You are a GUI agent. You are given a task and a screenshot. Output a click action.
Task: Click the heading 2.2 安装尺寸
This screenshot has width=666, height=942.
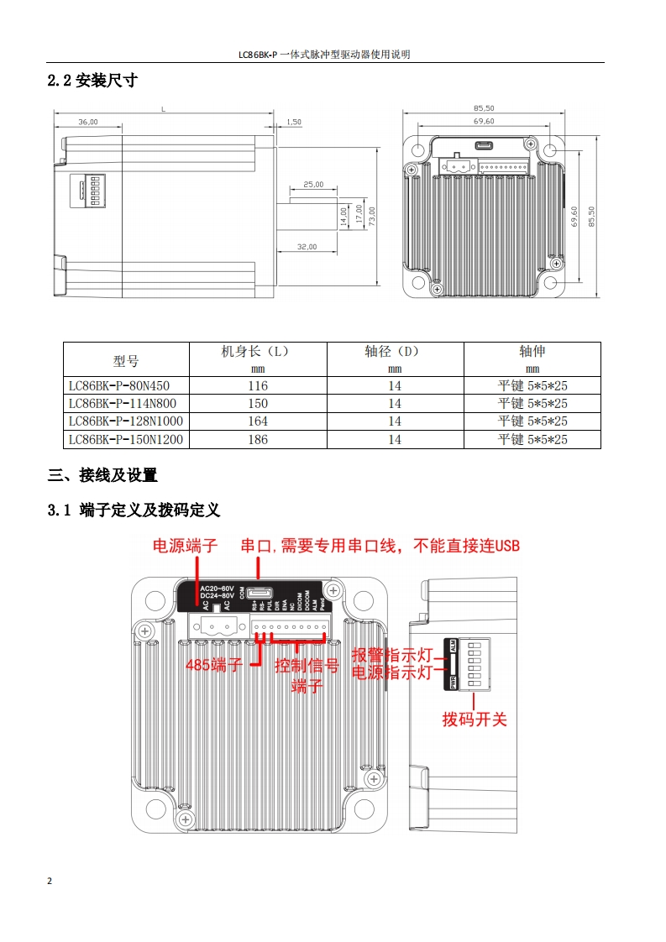click(92, 81)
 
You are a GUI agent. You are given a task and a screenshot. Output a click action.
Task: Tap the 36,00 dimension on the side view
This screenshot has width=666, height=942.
click(88, 122)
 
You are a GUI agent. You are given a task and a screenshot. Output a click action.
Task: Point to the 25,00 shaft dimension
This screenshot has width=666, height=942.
click(313, 184)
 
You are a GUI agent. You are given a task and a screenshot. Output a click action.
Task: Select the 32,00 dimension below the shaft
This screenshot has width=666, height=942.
click(307, 247)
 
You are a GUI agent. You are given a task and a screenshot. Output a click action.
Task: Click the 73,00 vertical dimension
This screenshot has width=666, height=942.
click(371, 215)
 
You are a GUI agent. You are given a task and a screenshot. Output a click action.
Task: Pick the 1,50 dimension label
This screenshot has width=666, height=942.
click(294, 122)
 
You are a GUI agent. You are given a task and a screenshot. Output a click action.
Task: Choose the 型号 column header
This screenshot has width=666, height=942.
click(126, 361)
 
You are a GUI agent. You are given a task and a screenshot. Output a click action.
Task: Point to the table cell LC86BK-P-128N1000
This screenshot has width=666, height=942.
click(125, 421)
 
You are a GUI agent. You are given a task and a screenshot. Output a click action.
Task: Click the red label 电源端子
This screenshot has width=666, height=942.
click(185, 547)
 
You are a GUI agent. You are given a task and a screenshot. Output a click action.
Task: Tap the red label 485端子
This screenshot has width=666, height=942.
click(213, 666)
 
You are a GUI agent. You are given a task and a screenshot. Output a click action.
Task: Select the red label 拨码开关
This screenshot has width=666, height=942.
click(475, 720)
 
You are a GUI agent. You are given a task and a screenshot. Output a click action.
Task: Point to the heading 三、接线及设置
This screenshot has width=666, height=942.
click(102, 476)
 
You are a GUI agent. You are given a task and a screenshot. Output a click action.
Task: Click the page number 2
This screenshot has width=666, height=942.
click(50, 882)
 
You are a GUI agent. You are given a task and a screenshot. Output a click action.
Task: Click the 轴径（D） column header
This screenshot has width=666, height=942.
click(395, 352)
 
